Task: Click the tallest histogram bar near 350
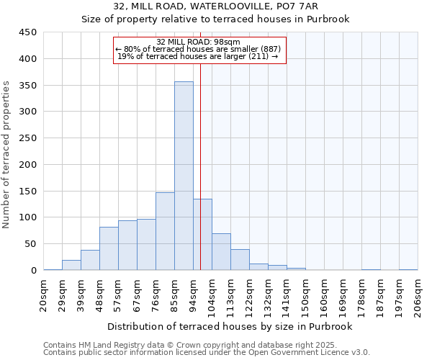point(184,176)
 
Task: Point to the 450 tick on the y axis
point(28,32)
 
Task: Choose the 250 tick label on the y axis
point(28,138)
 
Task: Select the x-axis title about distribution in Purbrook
point(230,326)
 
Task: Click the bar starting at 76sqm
point(165,231)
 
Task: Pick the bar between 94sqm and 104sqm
point(202,234)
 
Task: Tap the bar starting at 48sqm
point(109,248)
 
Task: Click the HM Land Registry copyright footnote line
point(206,346)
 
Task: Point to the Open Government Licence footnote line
point(206,353)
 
